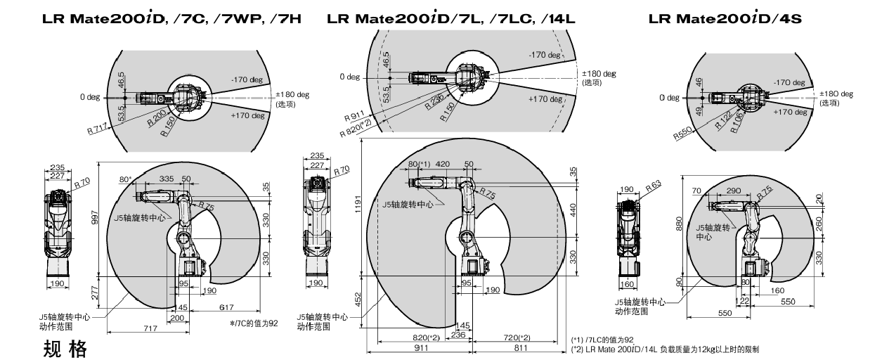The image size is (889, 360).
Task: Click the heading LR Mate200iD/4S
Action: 725,18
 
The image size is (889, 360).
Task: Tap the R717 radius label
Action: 97,129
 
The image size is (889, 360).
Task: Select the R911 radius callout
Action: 354,116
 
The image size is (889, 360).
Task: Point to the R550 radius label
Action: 682,134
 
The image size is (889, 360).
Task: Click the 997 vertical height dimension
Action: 95,217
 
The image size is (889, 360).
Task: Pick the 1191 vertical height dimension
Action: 358,204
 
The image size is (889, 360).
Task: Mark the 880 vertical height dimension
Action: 678,223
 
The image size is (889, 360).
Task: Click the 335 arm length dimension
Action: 167,179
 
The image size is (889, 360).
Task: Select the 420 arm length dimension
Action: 443,164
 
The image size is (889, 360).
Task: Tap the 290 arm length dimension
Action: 734,191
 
